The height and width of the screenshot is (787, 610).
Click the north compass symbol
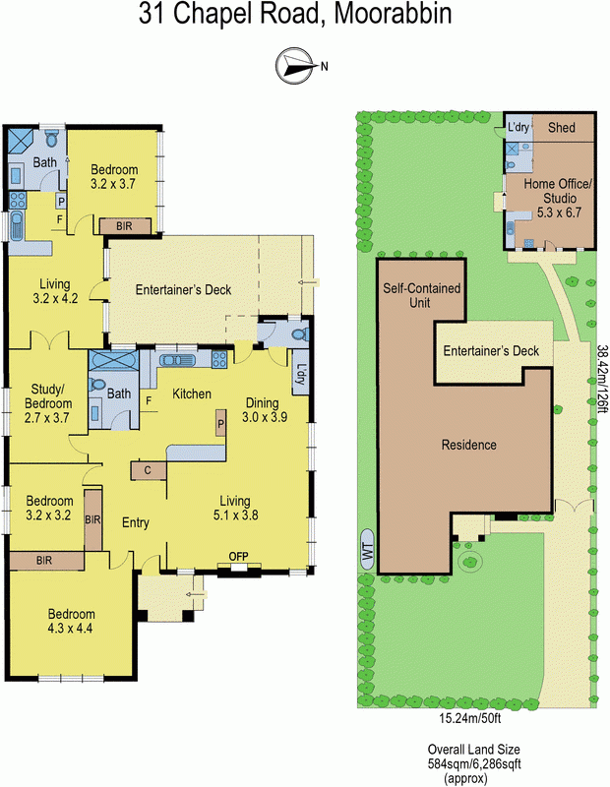294,65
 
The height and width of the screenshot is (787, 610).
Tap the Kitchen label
192,393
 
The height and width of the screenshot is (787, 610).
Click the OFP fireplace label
238,557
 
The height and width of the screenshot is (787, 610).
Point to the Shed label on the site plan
561,128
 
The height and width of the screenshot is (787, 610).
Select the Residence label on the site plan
468,445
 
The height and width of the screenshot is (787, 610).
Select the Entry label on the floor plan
135,522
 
